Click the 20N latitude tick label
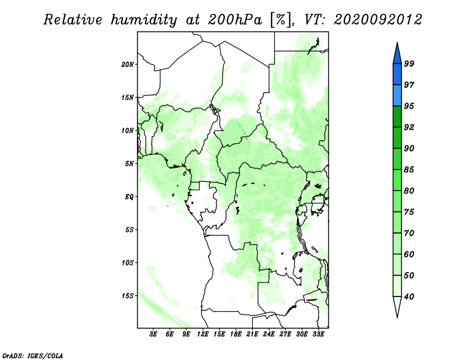pyautogui.click(x=128, y=64)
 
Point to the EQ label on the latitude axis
pyautogui.click(x=129, y=197)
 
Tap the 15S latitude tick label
pyautogui.click(x=128, y=296)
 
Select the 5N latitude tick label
pyautogui.click(x=129, y=164)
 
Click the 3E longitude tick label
pyautogui.click(x=153, y=334)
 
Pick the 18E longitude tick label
pyautogui.click(x=236, y=334)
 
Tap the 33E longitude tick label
pyautogui.click(x=318, y=334)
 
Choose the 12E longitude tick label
pyautogui.click(x=203, y=334)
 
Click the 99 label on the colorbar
pyautogui.click(x=409, y=63)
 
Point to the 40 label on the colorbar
pyautogui.click(x=409, y=297)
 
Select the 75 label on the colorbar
pyautogui.click(x=409, y=212)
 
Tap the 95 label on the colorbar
pyautogui.click(x=409, y=106)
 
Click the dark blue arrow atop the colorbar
pyautogui.click(x=397, y=55)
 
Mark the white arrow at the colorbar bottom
pyautogui.click(x=397, y=305)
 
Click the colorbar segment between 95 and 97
pyautogui.click(x=397, y=96)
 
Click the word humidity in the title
pyautogui.click(x=144, y=20)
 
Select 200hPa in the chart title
pyautogui.click(x=235, y=20)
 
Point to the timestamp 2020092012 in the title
pyautogui.click(x=377, y=20)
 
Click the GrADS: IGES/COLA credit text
pyautogui.click(x=33, y=356)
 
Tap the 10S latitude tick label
pyautogui.click(x=128, y=263)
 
